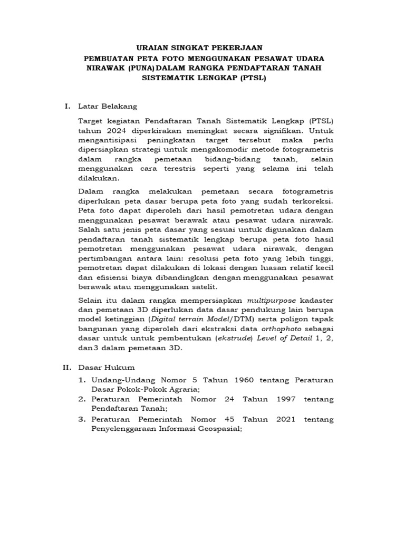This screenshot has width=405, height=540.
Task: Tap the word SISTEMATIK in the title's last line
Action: click(171, 78)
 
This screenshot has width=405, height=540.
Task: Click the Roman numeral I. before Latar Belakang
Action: click(67, 106)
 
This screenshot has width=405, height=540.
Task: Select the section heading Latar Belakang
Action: click(108, 106)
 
